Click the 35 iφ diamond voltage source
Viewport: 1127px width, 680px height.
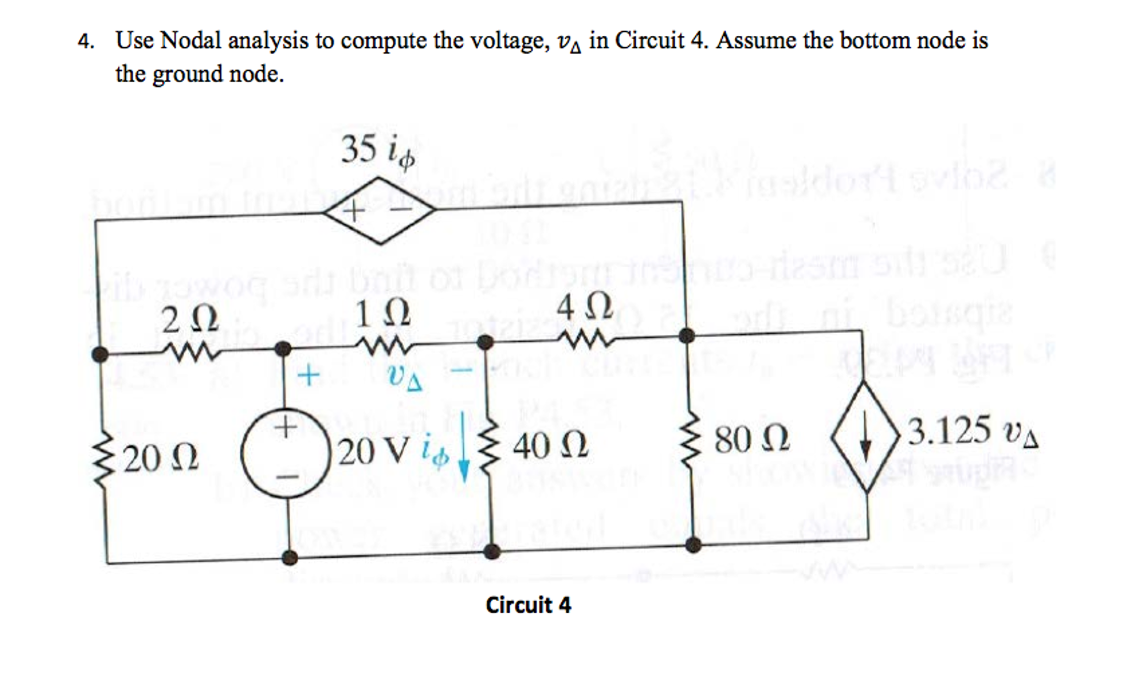click(379, 210)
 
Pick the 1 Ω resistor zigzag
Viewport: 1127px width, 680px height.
click(384, 346)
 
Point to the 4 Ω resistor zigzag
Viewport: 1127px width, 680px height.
click(585, 339)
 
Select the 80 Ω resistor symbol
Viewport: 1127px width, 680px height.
click(690, 440)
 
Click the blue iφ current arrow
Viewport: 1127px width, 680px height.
click(464, 449)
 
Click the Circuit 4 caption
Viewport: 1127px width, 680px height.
click(528, 605)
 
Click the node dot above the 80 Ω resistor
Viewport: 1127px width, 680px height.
click(686, 334)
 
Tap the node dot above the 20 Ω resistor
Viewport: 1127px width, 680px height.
click(100, 354)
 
